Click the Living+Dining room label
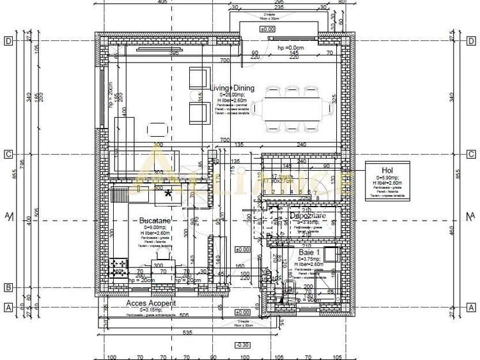(233, 88)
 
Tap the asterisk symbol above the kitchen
(169, 194)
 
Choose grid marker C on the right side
(471, 154)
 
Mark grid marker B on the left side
(9, 287)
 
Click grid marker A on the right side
(471, 308)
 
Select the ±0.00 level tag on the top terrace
(267, 29)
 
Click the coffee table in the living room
(158, 129)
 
